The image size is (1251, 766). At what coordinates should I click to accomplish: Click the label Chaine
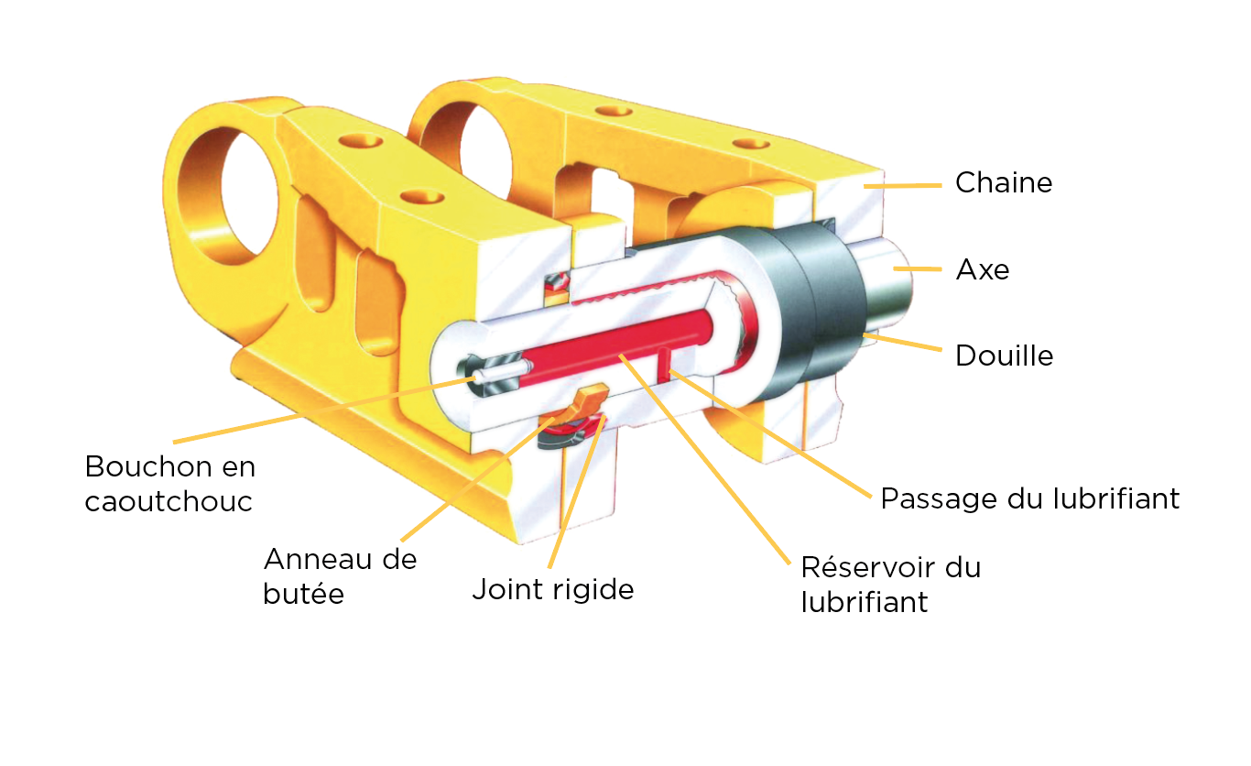1004,182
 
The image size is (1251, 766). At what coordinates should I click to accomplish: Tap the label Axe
983,270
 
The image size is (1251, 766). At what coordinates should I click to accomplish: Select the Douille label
1004,356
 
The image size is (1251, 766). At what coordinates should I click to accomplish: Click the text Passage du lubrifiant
1030,498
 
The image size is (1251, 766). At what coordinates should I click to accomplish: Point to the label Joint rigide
553,589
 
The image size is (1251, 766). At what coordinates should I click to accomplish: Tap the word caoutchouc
169,501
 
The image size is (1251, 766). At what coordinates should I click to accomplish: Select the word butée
303,594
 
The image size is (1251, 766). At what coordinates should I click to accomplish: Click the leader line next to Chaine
902,185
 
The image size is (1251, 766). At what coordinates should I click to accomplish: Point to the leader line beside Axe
917,268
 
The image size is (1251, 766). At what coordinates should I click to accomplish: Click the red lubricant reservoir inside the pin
615,346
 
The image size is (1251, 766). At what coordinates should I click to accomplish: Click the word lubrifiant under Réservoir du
864,602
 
